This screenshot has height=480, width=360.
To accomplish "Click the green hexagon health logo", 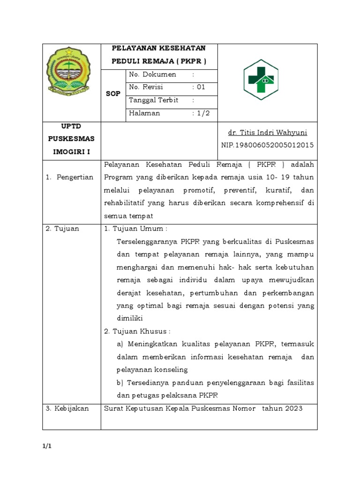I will [x=261, y=80].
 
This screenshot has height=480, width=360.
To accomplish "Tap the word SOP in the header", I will [x=113, y=94].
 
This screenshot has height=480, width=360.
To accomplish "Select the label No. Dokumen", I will [x=152, y=75].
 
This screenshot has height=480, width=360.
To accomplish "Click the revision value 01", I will [x=201, y=87].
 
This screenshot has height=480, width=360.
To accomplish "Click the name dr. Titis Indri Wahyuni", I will [x=267, y=133].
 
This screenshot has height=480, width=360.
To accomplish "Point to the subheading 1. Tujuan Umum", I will [x=135, y=228].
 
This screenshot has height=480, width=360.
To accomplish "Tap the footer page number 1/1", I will [x=46, y=446].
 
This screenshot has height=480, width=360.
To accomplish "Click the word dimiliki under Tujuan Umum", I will [x=129, y=318].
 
